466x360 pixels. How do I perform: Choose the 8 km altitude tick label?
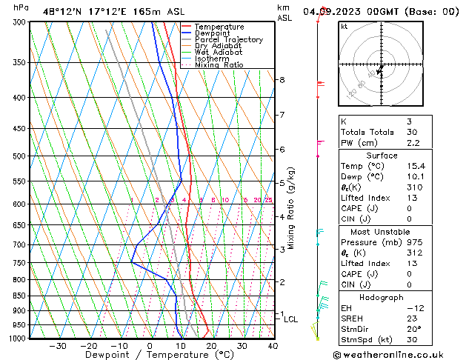[282, 80]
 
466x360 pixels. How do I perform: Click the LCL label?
[290, 319]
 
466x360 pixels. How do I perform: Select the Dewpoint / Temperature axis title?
[150, 356]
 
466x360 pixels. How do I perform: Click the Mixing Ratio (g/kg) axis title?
[291, 208]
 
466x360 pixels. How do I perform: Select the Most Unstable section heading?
[381, 232]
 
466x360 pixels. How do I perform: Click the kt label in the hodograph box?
[344, 27]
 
